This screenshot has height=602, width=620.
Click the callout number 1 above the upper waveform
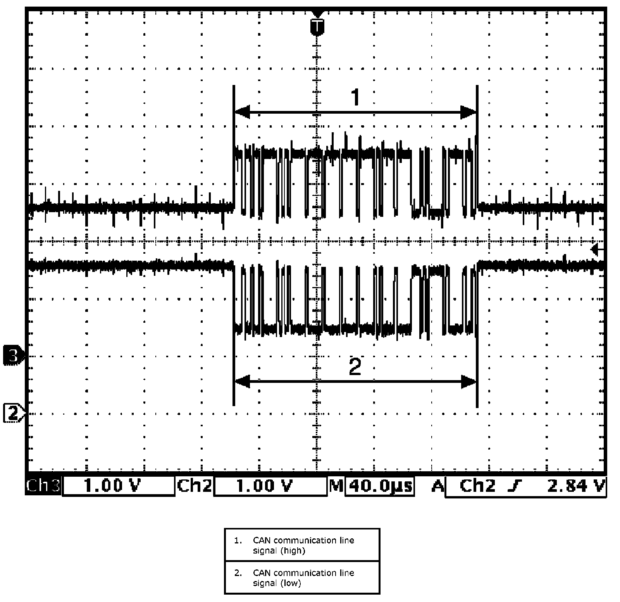(355, 97)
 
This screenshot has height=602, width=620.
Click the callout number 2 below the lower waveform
(355, 367)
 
